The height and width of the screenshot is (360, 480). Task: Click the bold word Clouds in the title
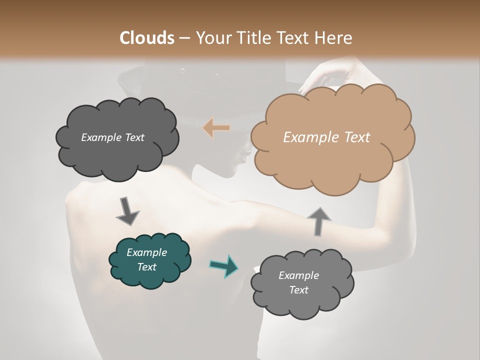[146, 38]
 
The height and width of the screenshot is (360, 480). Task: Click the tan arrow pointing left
[216, 128]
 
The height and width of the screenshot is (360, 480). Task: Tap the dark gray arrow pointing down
[127, 210]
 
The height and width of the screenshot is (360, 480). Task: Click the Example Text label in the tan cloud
[326, 137]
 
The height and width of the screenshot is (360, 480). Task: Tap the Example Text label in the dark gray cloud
[112, 137]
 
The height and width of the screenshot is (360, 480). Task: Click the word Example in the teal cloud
[146, 252]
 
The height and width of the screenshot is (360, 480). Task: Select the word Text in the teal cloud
[146, 267]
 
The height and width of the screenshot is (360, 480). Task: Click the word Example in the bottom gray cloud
[298, 275]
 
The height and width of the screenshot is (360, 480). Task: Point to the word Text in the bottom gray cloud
[298, 290]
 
